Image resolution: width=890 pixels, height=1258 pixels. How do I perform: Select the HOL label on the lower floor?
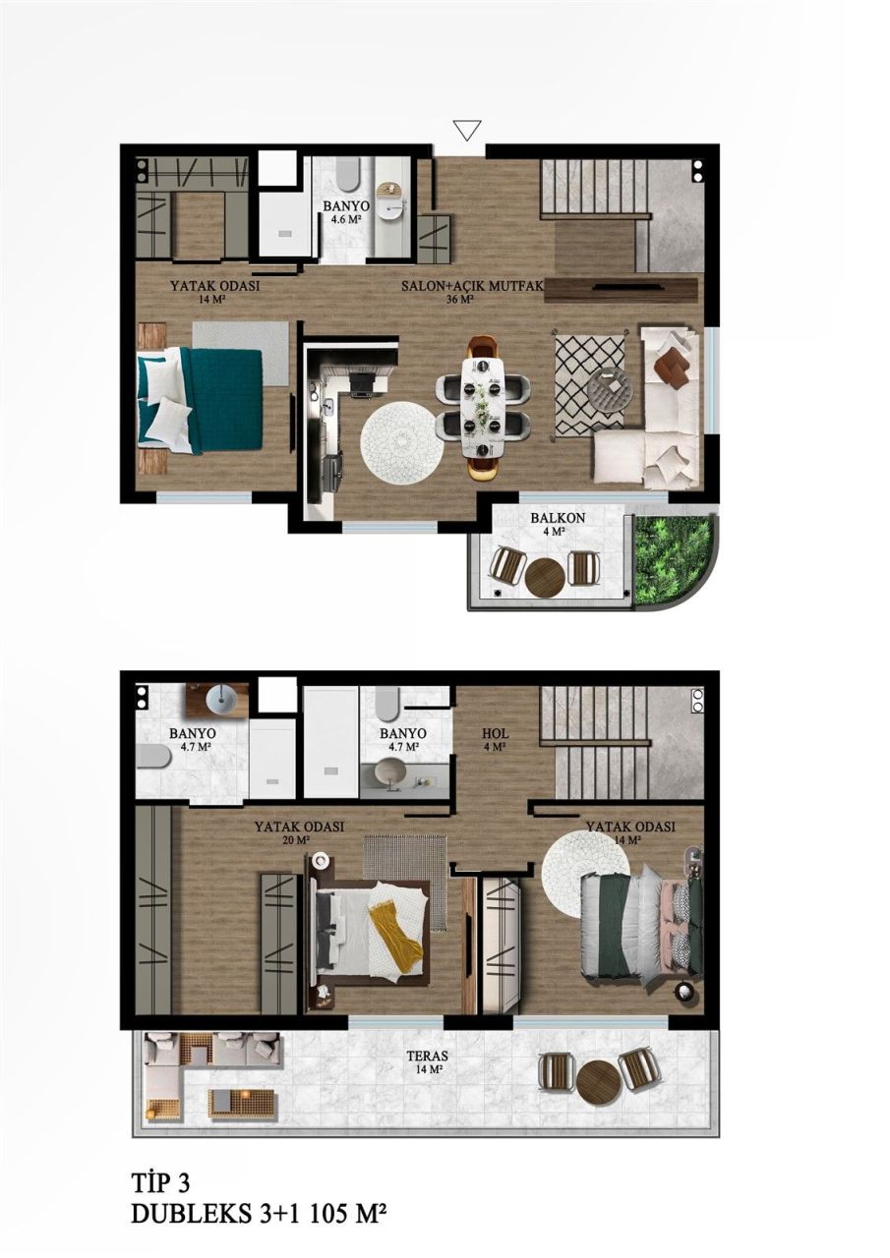point(494,734)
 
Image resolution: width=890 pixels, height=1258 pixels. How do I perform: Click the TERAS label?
point(421,1058)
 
